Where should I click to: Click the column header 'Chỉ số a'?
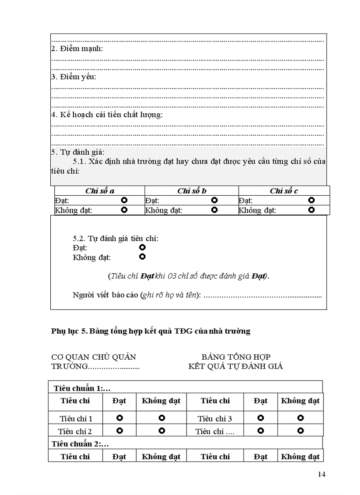click(100, 191)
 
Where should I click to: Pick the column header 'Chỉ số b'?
click(191, 191)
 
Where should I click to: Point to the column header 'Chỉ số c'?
click(284, 191)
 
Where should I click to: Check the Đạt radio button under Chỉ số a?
click(124, 200)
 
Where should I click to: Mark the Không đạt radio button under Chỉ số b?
click(214, 210)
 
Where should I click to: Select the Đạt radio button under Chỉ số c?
click(311, 200)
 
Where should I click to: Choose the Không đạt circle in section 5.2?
click(142, 257)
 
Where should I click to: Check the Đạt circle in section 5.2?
click(142, 247)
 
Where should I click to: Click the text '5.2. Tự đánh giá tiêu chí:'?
click(115, 238)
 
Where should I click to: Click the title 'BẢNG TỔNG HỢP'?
click(236, 357)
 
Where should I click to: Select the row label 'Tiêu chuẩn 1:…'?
click(82, 388)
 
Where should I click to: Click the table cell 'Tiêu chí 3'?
click(214, 419)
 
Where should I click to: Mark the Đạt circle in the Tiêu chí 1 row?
click(119, 417)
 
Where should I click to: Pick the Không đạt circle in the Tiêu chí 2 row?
click(161, 430)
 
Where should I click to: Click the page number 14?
click(321, 474)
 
